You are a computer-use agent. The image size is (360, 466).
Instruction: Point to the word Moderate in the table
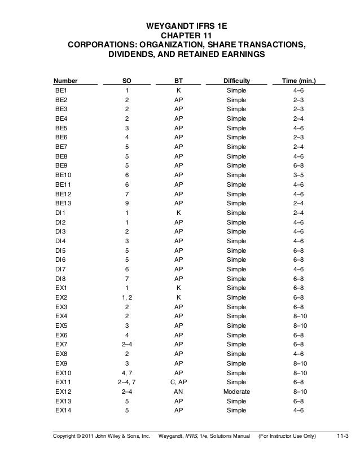coord(236,391)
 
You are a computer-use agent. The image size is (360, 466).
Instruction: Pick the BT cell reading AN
coord(178,391)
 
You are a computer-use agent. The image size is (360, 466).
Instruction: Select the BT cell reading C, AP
coord(178,382)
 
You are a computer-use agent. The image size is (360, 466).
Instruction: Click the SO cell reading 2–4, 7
coord(127,382)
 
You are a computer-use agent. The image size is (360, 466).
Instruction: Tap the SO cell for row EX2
coord(127,297)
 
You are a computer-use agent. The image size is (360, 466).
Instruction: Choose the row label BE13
coord(64,204)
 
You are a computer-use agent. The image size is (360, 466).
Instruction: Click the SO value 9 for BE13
coord(127,204)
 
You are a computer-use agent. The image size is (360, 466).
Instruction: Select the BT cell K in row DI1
coord(178,213)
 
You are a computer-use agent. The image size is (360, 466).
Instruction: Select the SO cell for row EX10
coord(127,372)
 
